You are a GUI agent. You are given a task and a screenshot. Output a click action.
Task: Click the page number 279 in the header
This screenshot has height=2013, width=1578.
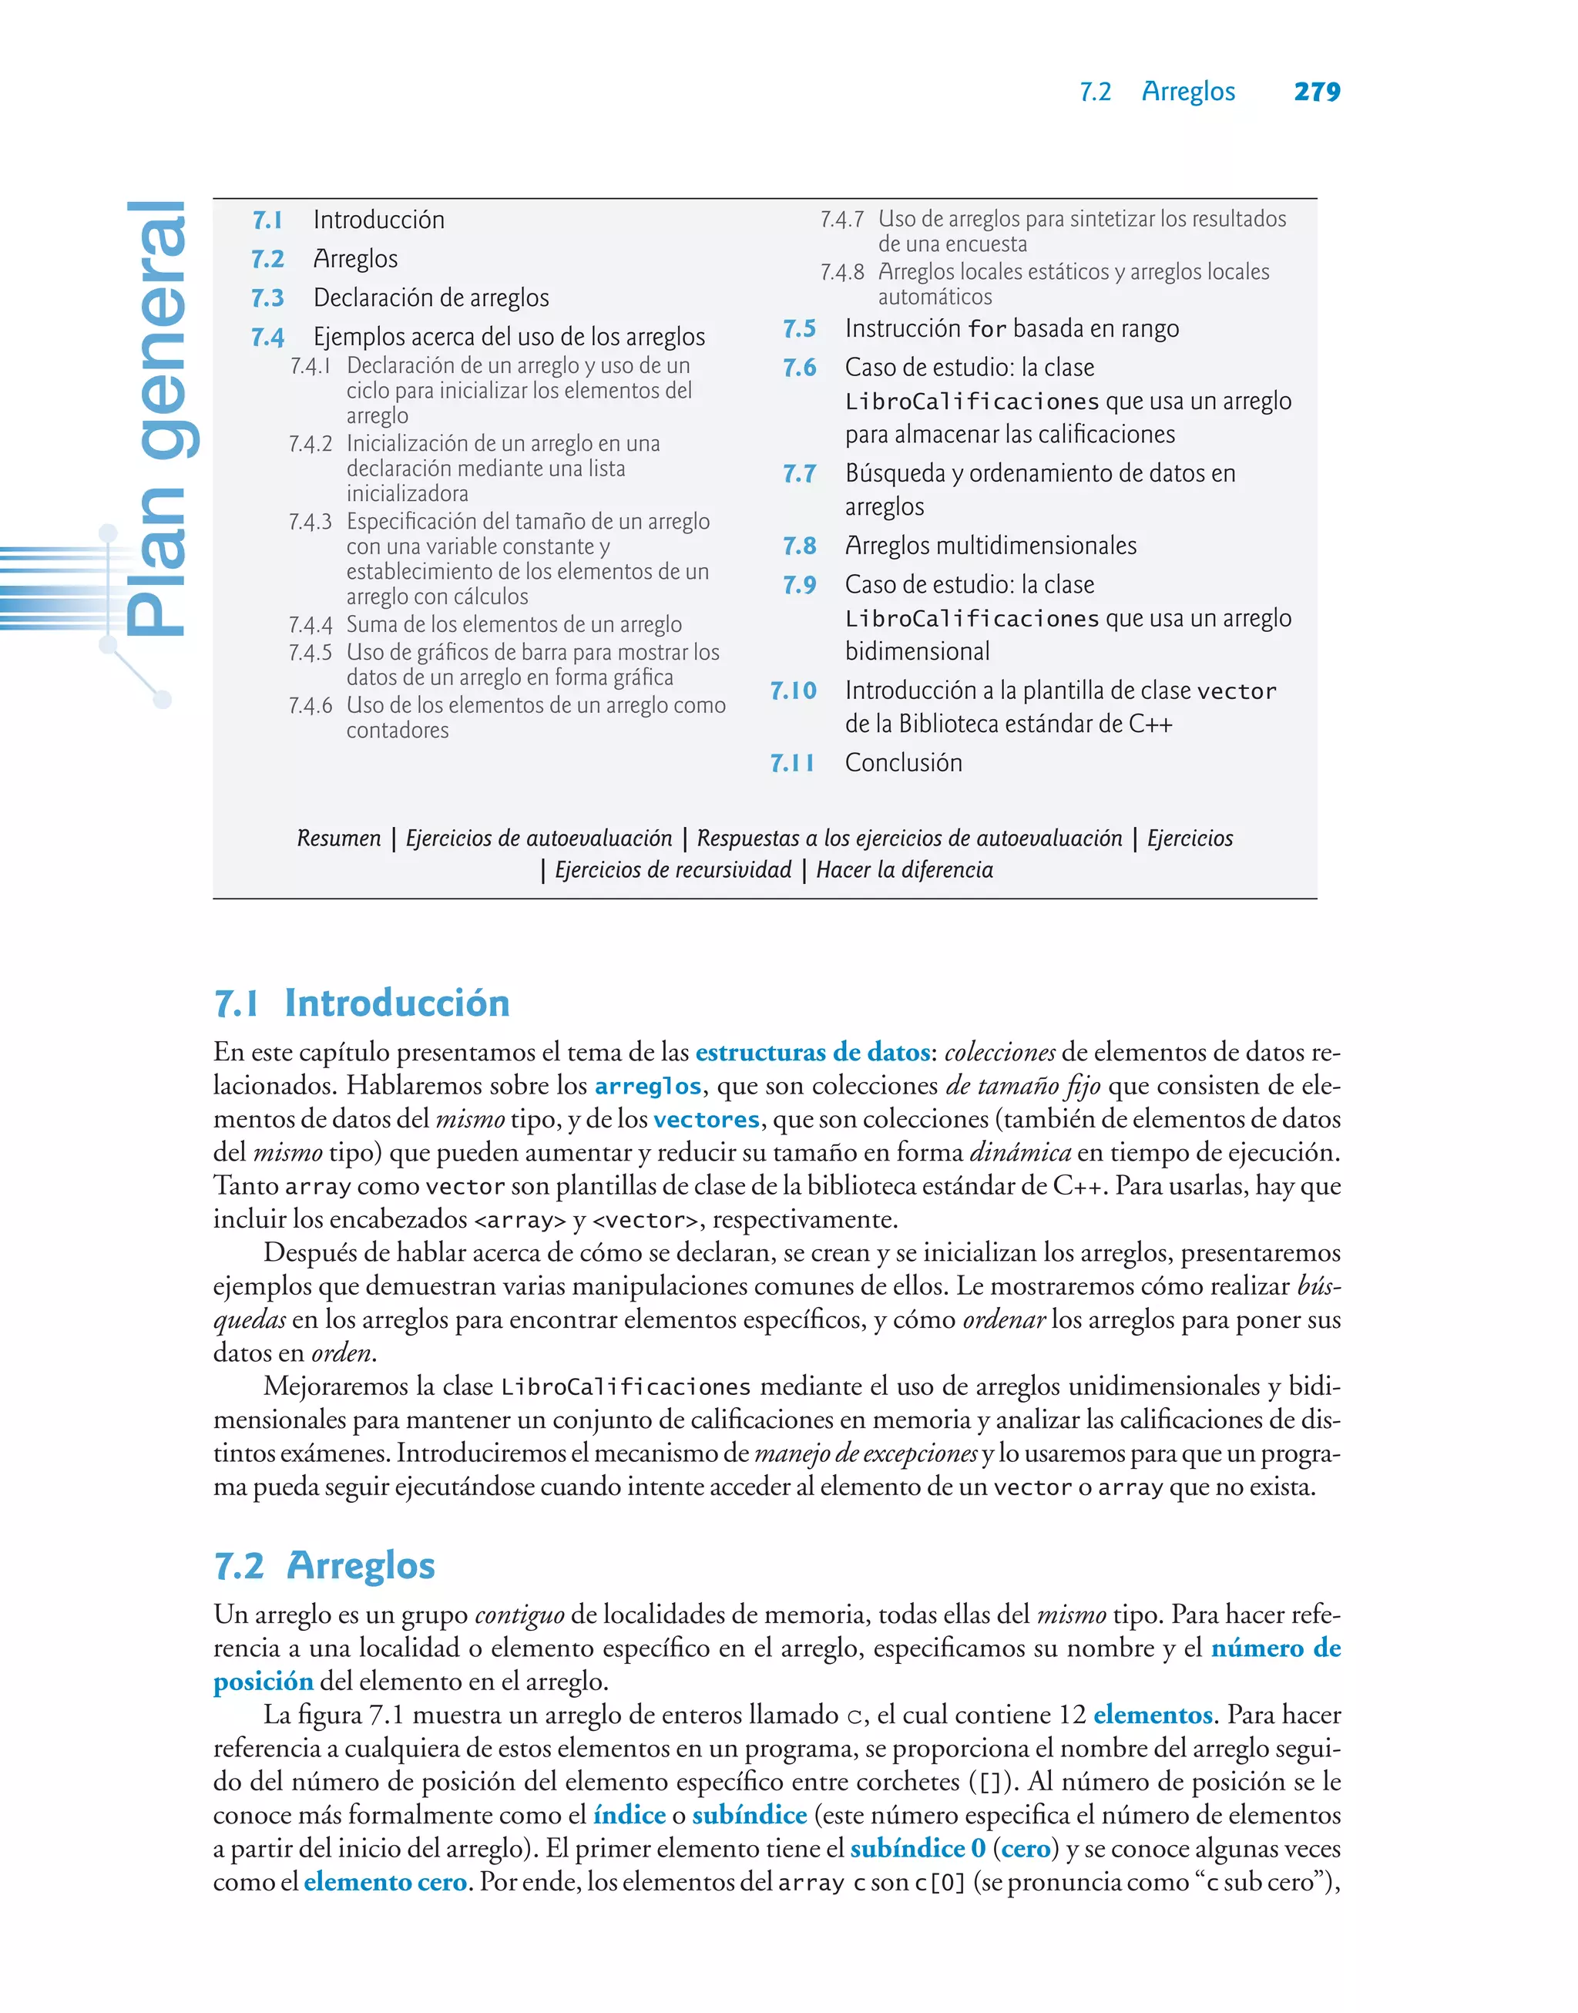click(1317, 92)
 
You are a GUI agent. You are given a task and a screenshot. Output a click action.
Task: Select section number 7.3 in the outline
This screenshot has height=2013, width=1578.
click(268, 298)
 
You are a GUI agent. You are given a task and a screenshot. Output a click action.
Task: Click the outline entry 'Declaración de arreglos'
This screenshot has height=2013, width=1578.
click(431, 297)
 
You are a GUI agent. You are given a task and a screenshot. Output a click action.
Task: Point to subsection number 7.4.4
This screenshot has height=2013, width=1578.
click(311, 626)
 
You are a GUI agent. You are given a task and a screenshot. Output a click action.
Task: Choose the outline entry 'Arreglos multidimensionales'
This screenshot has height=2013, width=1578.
click(990, 546)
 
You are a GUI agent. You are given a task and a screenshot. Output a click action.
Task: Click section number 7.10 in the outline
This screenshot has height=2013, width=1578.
click(794, 691)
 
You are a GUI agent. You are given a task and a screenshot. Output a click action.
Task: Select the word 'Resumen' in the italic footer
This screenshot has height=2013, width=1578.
click(338, 838)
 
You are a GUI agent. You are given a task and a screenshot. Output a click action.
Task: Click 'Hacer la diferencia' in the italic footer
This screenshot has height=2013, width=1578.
click(905, 870)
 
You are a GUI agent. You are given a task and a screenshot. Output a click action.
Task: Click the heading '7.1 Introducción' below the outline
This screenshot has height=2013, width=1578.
click(361, 1003)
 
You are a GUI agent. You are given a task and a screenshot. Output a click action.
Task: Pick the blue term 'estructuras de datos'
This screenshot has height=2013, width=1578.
click(812, 1052)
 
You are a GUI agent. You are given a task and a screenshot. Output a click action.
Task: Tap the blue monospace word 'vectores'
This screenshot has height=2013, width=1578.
click(706, 1120)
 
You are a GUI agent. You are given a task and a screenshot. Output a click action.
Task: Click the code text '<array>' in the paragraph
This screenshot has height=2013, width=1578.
click(519, 1221)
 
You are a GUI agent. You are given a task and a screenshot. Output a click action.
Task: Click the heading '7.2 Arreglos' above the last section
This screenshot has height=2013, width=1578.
click(324, 1566)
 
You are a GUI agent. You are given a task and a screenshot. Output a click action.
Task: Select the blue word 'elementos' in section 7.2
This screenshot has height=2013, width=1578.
click(1152, 1716)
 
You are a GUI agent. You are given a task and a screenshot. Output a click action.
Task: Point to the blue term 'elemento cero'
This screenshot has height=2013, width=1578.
click(384, 1883)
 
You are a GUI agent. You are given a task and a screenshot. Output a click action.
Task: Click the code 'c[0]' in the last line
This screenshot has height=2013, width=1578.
click(939, 1884)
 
